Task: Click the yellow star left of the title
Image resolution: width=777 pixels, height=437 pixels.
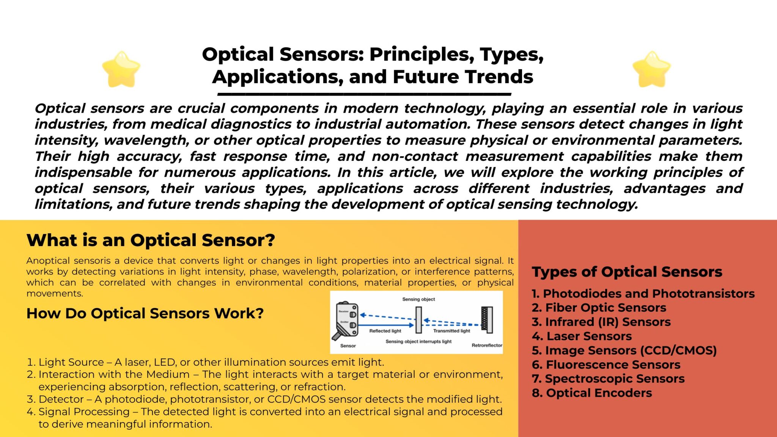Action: pos(121,69)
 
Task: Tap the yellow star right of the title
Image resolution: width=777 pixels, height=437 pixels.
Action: pos(651,69)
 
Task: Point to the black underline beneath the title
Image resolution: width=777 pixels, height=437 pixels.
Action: pos(364,94)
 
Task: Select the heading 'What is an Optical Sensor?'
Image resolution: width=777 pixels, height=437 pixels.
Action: pos(151,240)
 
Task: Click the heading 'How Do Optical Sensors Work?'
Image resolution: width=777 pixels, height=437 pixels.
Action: pos(145,313)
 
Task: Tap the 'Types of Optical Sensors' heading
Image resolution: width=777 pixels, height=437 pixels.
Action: pos(627,272)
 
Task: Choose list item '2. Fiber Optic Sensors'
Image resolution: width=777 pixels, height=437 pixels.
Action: pos(599,308)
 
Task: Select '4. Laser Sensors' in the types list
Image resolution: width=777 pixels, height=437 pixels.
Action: pos(582,336)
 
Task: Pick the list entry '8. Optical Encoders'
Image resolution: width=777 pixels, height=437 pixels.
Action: pos(591,393)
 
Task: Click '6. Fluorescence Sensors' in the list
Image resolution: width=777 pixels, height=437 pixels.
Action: pos(606,365)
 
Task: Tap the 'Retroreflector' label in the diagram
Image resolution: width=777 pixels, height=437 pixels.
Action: pos(487,345)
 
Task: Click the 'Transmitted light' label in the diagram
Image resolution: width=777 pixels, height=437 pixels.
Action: pos(451,331)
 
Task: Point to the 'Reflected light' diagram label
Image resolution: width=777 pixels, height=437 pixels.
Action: pos(385,331)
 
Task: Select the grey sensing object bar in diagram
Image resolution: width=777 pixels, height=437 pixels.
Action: pos(418,319)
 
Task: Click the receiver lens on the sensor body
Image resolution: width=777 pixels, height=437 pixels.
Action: pos(352,315)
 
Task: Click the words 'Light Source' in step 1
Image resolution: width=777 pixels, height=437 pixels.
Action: pos(71,362)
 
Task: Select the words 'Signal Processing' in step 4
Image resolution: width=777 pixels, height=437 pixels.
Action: pos(84,412)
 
